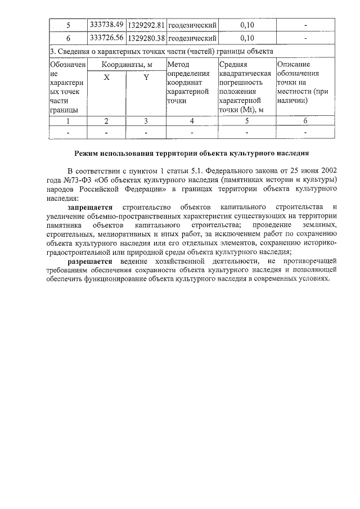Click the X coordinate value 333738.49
(x=106, y=25)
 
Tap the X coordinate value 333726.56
(x=106, y=38)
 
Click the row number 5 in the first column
(x=68, y=25)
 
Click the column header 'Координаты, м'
(x=127, y=65)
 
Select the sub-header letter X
(x=106, y=78)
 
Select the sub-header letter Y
(x=146, y=78)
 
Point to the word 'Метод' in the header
(x=178, y=65)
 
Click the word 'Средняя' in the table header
(x=232, y=65)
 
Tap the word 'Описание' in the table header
(x=293, y=65)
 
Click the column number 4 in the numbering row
(x=192, y=120)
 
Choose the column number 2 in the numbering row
(x=106, y=120)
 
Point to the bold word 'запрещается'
(x=91, y=208)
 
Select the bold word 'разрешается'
(x=90, y=262)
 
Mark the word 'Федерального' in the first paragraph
(x=228, y=170)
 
